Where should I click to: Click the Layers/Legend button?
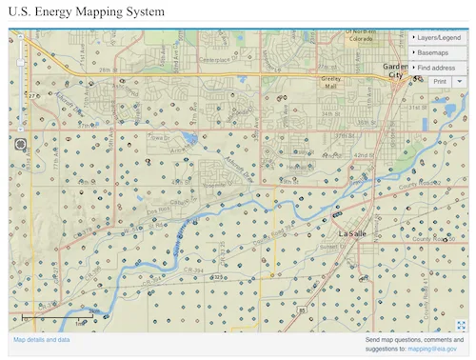(437, 37)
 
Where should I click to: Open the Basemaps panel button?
(437, 52)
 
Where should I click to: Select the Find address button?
(437, 68)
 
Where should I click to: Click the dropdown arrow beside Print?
(460, 82)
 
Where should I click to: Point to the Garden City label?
(394, 70)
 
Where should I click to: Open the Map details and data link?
(41, 340)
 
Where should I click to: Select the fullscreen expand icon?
(461, 325)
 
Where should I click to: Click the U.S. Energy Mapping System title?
(87, 12)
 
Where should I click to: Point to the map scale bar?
(52, 315)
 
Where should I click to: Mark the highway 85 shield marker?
(301, 310)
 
